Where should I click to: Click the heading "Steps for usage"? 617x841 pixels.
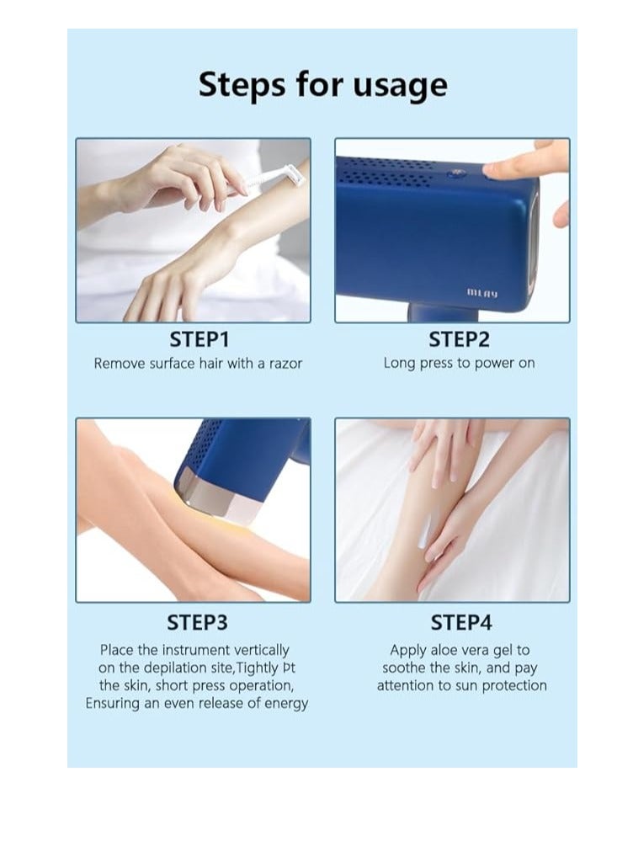pyautogui.click(x=322, y=85)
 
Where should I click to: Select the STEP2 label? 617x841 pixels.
pyautogui.click(x=459, y=339)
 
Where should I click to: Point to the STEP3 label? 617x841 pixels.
pyautogui.click(x=198, y=622)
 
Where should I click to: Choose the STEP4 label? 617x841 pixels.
pyautogui.click(x=461, y=622)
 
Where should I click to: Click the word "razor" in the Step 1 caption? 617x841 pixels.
pyautogui.click(x=285, y=364)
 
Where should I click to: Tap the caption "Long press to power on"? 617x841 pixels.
pyautogui.click(x=459, y=364)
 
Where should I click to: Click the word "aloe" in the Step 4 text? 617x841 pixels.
pyautogui.click(x=445, y=650)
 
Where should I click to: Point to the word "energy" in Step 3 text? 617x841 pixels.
pyautogui.click(x=286, y=704)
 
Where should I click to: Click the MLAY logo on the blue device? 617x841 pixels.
pyautogui.click(x=482, y=293)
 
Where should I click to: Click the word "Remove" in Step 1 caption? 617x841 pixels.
pyautogui.click(x=116, y=364)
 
